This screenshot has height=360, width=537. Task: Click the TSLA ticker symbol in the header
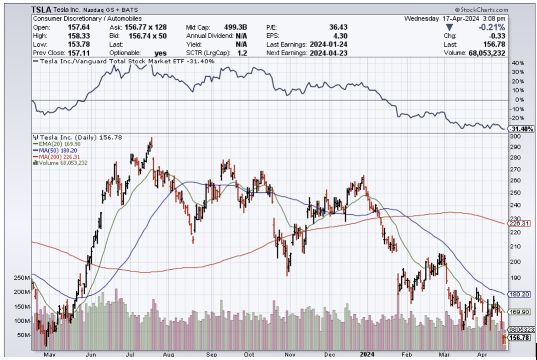(42, 9)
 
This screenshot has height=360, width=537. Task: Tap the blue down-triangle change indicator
(449, 28)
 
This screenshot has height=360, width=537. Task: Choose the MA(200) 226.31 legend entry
(55, 155)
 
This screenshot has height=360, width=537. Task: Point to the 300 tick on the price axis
(515, 137)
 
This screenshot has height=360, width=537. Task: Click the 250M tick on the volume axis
(22, 278)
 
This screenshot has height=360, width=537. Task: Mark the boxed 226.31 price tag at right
(519, 224)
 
